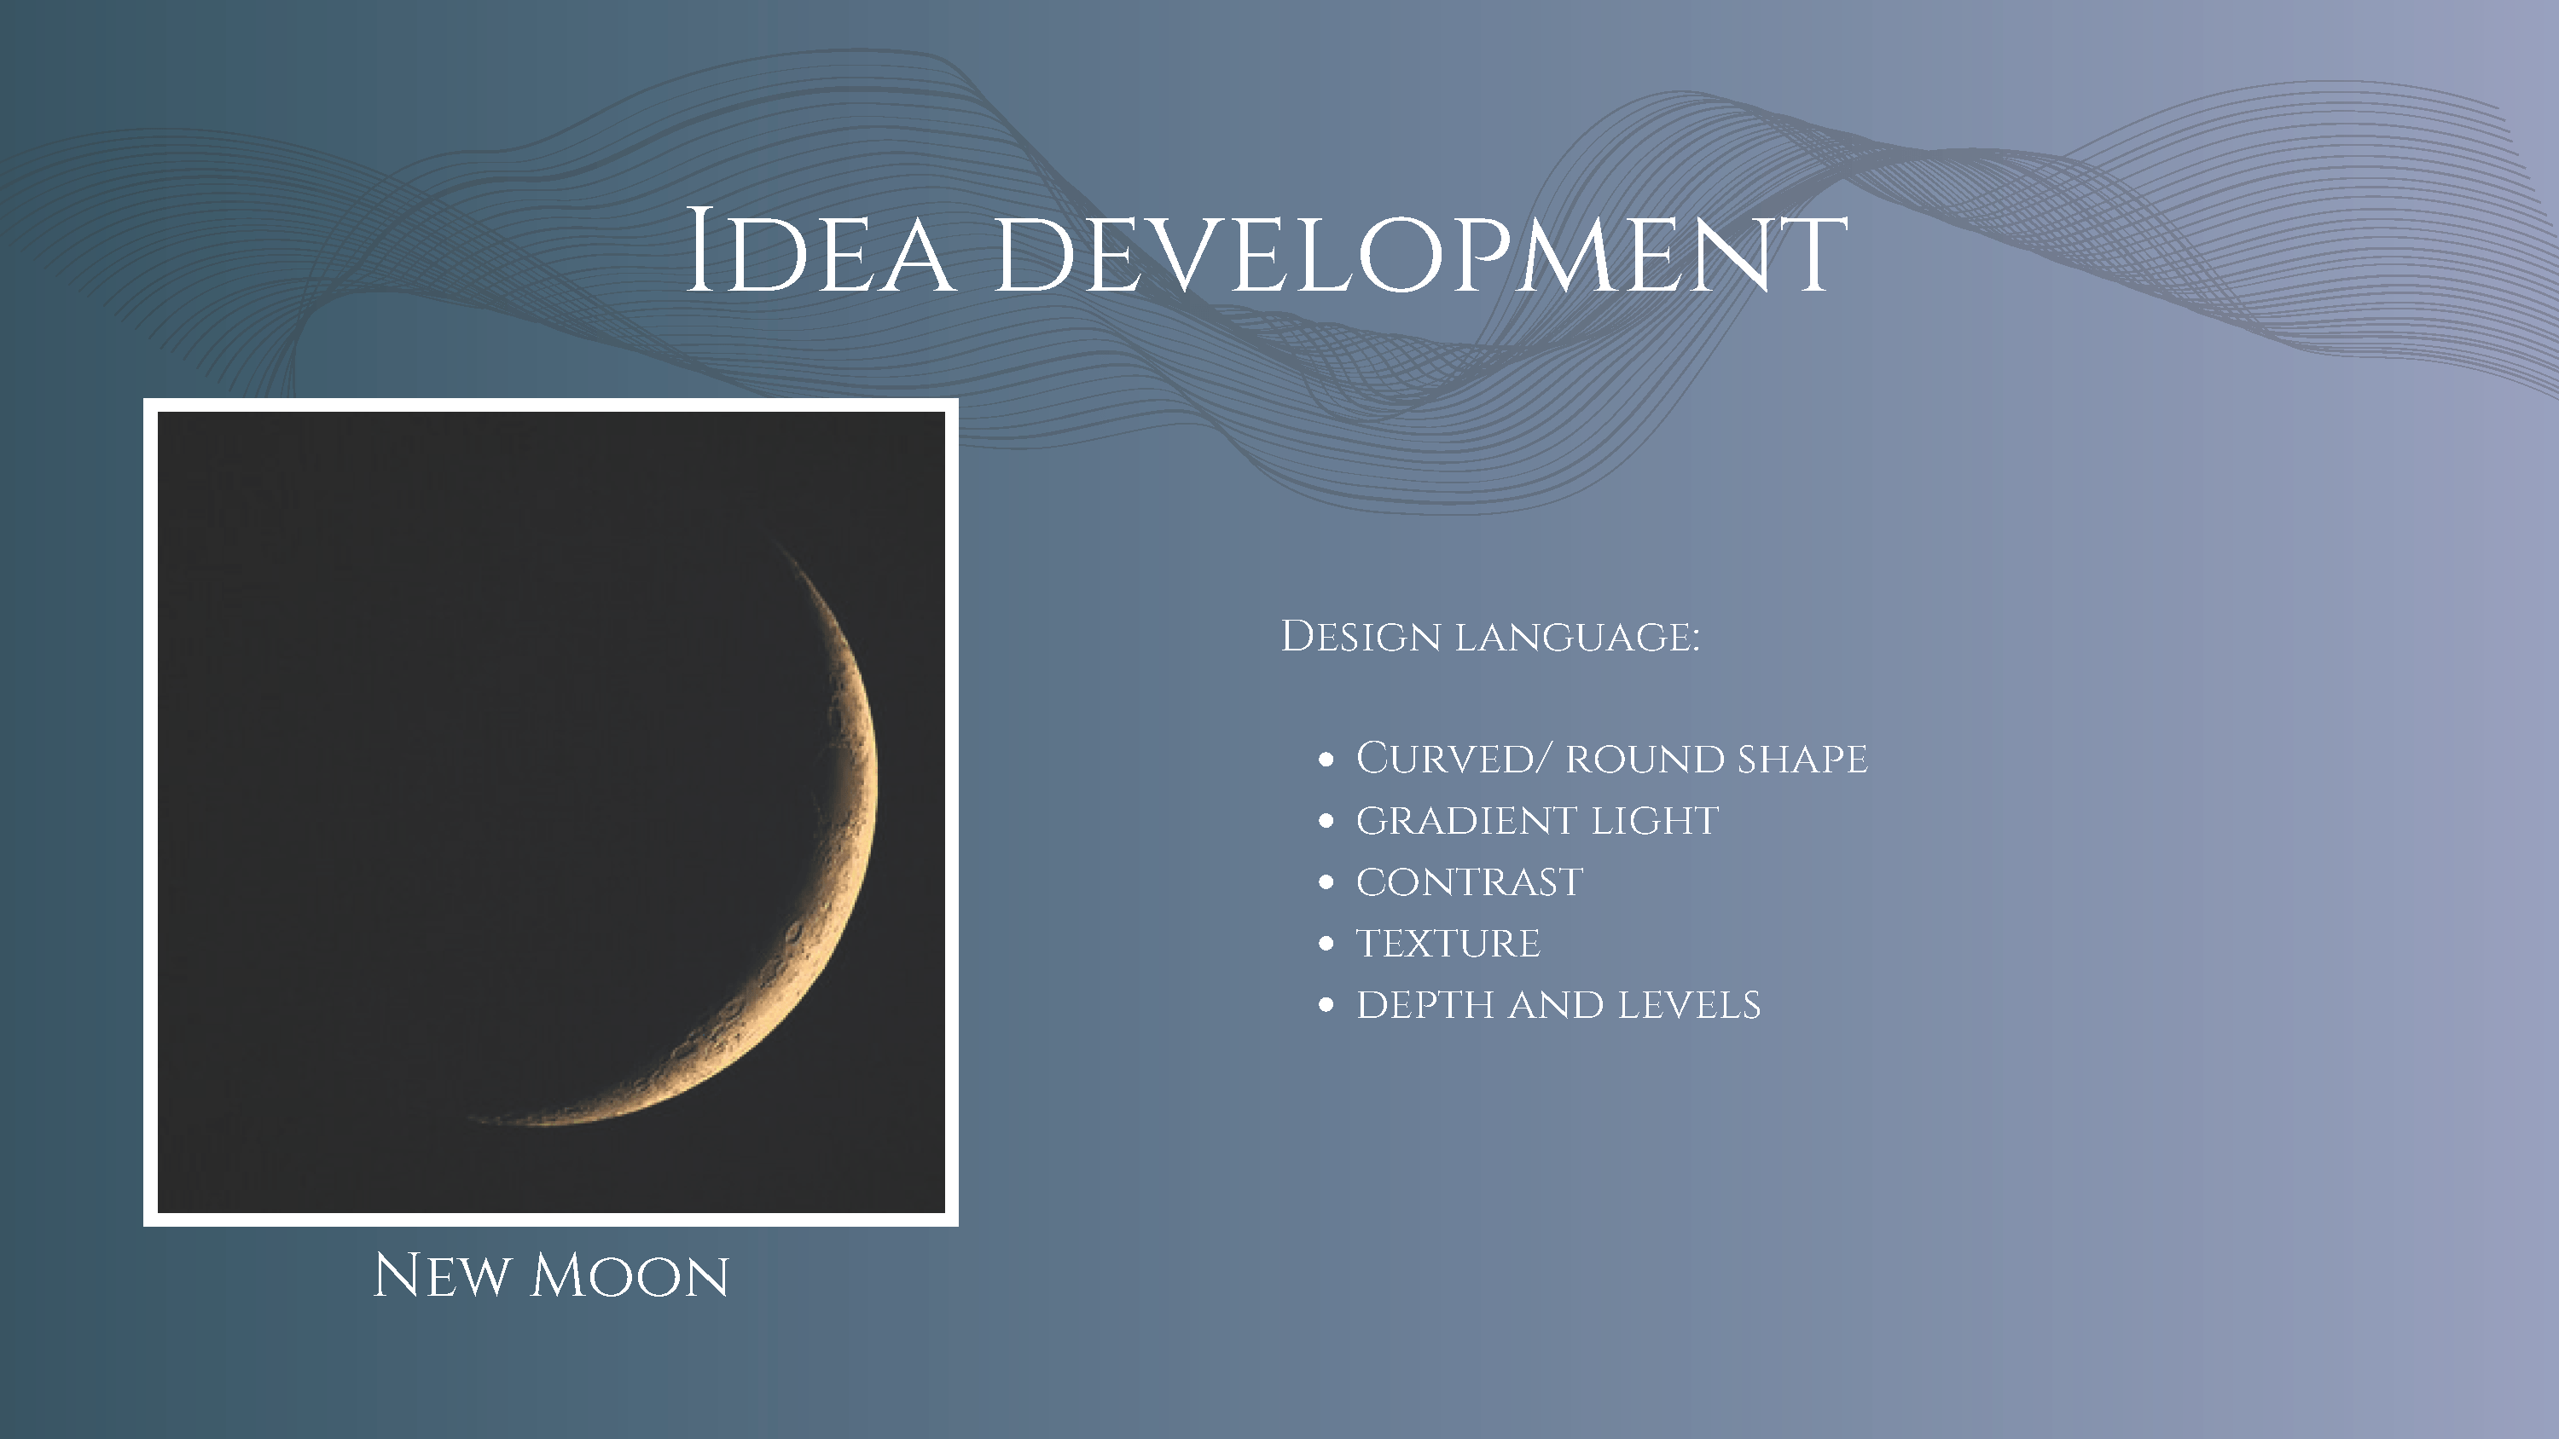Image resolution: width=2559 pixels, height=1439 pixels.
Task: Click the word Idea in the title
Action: (x=821, y=251)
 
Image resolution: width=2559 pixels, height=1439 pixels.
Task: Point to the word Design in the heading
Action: (x=1360, y=638)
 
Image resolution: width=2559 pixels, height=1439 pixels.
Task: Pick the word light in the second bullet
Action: (x=1655, y=821)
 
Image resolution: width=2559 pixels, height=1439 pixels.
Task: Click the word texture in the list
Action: (x=1448, y=945)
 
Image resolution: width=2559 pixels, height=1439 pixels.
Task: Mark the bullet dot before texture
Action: (x=1326, y=945)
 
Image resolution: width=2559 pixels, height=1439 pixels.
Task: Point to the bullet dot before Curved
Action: (x=1326, y=760)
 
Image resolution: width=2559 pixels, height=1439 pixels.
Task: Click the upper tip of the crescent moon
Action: (x=766, y=534)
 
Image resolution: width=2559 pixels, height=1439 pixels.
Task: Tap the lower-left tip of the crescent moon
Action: (x=469, y=1118)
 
